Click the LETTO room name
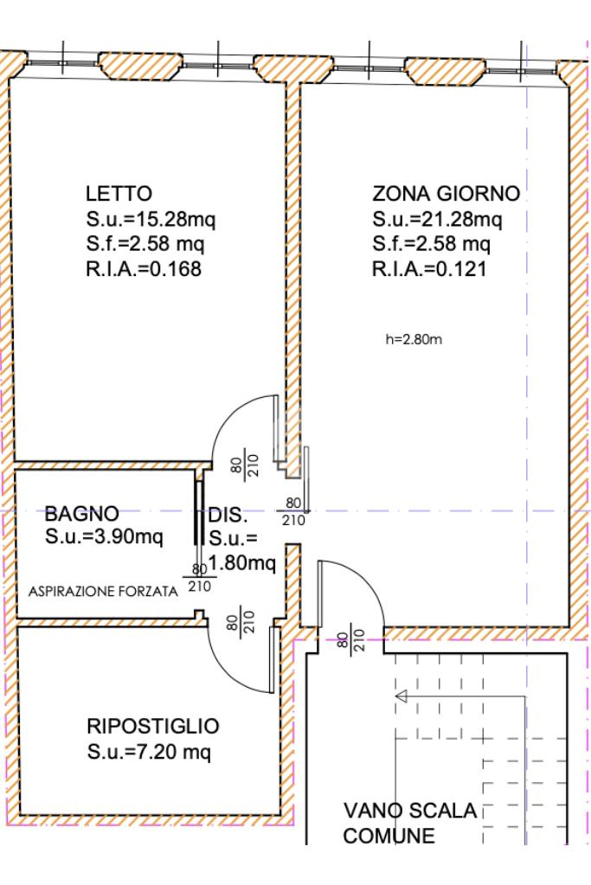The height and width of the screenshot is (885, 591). pos(119,194)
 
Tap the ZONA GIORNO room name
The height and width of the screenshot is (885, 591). pos(446,194)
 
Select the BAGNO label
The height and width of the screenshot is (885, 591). pos(82,514)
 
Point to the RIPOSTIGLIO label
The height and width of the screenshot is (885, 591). pos(153,726)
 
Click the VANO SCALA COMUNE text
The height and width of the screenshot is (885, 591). pos(410,823)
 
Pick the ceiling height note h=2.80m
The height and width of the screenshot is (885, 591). pos(414,339)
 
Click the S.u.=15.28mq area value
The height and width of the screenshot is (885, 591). pos(151,219)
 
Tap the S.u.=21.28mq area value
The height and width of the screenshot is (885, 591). pos(437,219)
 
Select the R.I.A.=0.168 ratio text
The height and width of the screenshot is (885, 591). pos(144,269)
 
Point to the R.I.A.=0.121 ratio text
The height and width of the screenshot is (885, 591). pos(429,269)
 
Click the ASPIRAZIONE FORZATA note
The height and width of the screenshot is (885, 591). pos(103,592)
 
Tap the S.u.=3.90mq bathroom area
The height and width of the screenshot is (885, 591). pos(104,536)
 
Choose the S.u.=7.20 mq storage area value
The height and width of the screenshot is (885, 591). pos(149,752)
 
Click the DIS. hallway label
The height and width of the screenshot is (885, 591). pos(228,515)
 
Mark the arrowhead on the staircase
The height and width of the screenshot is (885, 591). pos(401,696)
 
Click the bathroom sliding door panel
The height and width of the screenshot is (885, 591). pos(198,512)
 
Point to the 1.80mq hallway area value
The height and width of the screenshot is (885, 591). pos(242,562)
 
